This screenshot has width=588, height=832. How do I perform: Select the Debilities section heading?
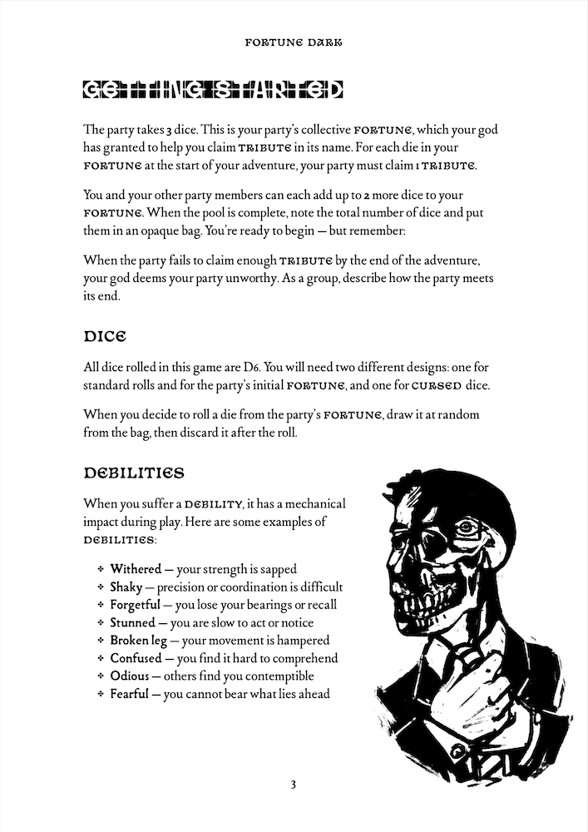133,473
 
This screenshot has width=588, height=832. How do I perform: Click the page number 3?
294,785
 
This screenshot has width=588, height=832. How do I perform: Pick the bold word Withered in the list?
136,569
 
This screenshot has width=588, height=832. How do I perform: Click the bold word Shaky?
126,587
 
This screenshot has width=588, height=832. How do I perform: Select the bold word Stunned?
132,622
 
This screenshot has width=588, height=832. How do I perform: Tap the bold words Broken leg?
138,640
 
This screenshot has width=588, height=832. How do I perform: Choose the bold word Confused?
135,658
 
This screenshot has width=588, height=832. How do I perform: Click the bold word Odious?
129,676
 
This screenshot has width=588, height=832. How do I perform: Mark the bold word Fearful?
130,693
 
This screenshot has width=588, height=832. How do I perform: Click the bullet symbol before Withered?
100,570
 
